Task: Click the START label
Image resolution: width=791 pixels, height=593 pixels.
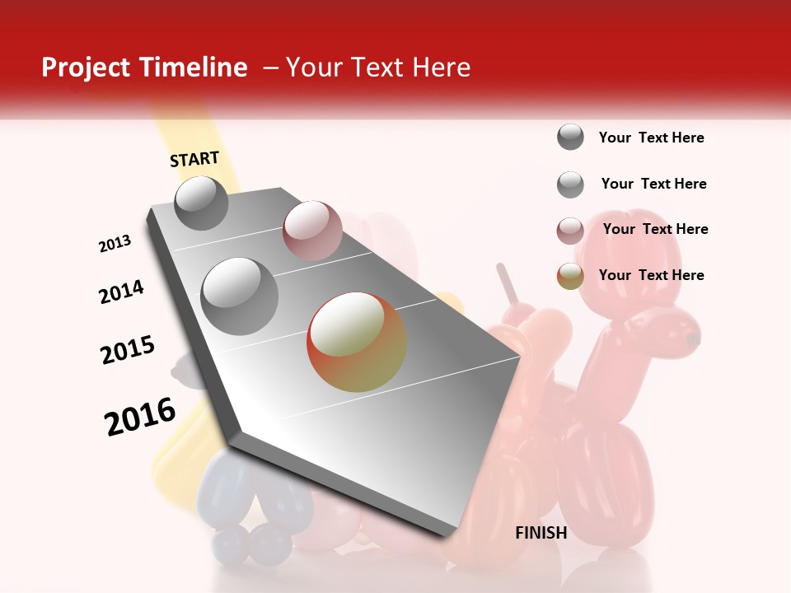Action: pyautogui.click(x=194, y=159)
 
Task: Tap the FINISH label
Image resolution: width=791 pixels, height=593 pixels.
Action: pyautogui.click(x=541, y=533)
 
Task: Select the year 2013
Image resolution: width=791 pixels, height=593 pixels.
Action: pyautogui.click(x=115, y=244)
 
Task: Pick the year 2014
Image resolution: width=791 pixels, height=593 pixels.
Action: pyautogui.click(x=121, y=292)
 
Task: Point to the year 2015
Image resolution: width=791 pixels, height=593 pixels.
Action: pyautogui.click(x=128, y=350)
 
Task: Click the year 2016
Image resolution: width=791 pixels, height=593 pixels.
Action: pyautogui.click(x=140, y=417)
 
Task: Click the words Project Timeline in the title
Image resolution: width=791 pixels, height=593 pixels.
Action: pyautogui.click(x=144, y=68)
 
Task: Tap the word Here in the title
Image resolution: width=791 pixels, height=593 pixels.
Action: pyautogui.click(x=441, y=68)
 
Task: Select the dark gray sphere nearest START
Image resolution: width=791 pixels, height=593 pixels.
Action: pyautogui.click(x=201, y=203)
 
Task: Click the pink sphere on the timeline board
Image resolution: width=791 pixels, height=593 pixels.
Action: pyautogui.click(x=312, y=231)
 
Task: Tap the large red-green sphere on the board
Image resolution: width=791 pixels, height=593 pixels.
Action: pyautogui.click(x=357, y=342)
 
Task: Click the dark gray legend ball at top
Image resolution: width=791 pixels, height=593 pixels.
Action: pyautogui.click(x=570, y=138)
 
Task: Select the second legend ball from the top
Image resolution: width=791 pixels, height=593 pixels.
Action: pyautogui.click(x=570, y=184)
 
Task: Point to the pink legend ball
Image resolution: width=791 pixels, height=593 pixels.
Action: pyautogui.click(x=570, y=231)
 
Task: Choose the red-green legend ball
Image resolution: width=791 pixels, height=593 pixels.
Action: pyautogui.click(x=570, y=276)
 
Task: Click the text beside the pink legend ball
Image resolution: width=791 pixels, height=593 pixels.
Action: pyautogui.click(x=655, y=229)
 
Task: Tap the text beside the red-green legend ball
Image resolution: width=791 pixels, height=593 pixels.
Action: pyautogui.click(x=651, y=275)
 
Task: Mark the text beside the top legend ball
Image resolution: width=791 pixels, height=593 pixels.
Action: pyautogui.click(x=651, y=138)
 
